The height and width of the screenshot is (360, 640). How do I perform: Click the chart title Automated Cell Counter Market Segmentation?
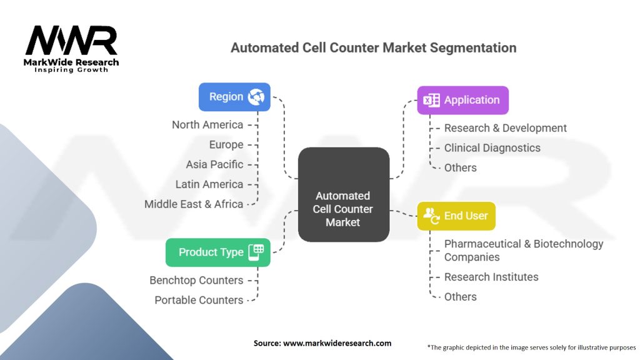[x=373, y=47]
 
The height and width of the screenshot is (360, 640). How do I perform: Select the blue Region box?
[x=234, y=97]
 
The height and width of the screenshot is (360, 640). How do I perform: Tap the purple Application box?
[x=462, y=100]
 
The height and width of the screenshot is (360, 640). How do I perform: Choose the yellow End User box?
[x=456, y=216]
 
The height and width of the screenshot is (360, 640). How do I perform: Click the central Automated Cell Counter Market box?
[x=343, y=209]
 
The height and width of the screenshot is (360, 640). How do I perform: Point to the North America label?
[x=207, y=125]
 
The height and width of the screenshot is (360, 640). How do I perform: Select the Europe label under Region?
[x=226, y=144]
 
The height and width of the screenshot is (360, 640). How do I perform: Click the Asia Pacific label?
[x=214, y=164]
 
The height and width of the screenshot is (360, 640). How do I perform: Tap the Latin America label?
[x=209, y=184]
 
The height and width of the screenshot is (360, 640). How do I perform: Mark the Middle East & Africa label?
[x=194, y=204]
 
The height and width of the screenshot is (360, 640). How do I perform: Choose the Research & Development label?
[x=505, y=128]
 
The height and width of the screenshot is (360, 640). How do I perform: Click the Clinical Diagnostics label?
[x=492, y=148]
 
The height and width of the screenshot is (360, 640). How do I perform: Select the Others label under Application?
[x=460, y=167]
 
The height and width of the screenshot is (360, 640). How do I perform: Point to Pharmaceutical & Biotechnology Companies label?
[x=523, y=250]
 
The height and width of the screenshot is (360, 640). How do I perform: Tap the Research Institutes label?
[x=491, y=277]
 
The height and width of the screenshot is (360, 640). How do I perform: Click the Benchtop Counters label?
[x=196, y=280]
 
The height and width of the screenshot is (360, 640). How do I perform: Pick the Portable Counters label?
[x=199, y=300]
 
